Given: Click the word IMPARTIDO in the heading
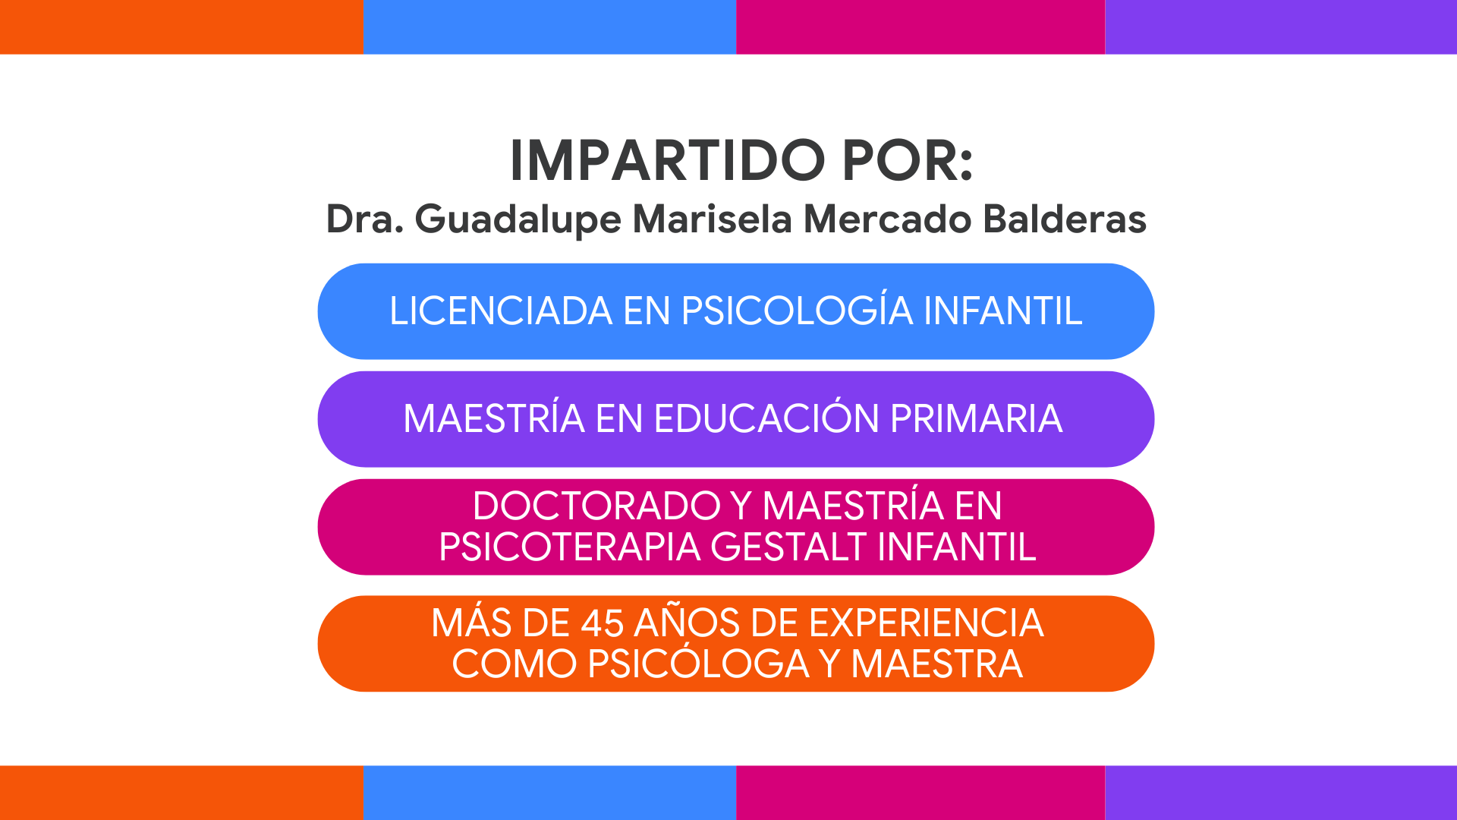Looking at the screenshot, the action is point(668,161).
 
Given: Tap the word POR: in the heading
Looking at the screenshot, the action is point(908,161).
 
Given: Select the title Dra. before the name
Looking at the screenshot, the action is point(364,219).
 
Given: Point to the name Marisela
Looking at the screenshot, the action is point(713,219).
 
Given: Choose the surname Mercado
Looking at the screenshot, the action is point(887,219).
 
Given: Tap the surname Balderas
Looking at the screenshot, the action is point(1064,219).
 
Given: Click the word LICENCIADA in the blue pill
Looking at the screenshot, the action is point(501,311).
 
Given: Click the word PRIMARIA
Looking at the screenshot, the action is point(976,419).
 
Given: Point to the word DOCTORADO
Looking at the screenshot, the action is point(596,506).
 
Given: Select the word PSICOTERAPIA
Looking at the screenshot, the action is point(569,547).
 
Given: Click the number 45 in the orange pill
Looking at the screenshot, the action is point(603,623).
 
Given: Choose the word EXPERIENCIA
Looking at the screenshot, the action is point(927,623).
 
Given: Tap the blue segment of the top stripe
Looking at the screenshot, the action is point(550,27).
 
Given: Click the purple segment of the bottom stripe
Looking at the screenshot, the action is point(1281,793).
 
